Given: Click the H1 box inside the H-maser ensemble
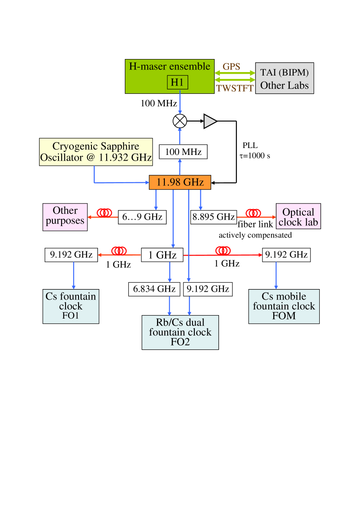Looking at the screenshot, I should (177, 82).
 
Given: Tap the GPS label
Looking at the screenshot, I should (231, 66).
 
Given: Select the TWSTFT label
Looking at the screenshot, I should (235, 89).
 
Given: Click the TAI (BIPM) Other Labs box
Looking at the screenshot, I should (285, 78).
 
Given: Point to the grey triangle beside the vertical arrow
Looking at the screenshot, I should (209, 122).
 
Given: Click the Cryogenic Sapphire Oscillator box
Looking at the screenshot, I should (96, 152).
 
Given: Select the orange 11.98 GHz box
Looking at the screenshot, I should (180, 182).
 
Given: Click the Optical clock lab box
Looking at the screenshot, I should (298, 217).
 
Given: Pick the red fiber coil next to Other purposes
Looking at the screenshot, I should (105, 213).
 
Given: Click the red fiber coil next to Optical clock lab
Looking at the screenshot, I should (253, 213).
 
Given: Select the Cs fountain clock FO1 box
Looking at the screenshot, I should (71, 306).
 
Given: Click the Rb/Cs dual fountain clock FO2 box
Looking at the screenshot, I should (180, 332).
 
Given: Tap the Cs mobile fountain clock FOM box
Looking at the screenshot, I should (284, 306).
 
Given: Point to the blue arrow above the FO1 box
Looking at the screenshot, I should (74, 276).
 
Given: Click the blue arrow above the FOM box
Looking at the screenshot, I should (276, 276).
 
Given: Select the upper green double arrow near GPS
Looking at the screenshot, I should (235, 73).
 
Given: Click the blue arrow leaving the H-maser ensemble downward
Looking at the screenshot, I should (180, 103).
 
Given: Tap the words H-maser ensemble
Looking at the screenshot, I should (170, 66).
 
